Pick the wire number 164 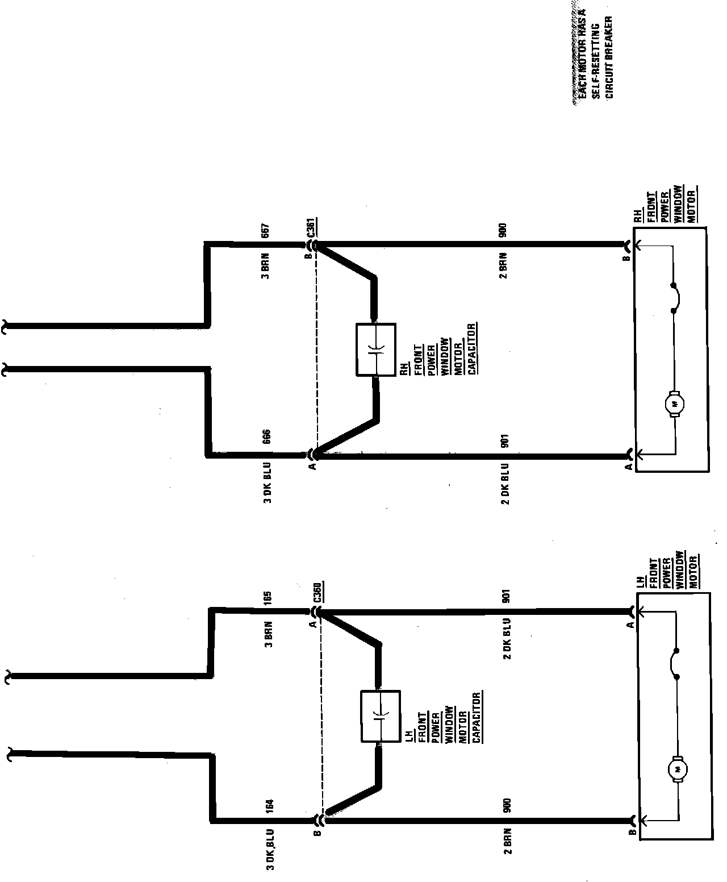click(x=270, y=807)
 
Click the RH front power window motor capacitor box click(x=375, y=350)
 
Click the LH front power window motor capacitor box click(x=381, y=716)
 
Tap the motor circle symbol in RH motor click(x=675, y=404)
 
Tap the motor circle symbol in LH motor click(x=678, y=769)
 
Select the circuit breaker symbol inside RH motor click(x=675, y=297)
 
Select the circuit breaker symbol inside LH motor click(x=678, y=663)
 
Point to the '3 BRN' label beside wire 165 click(x=269, y=635)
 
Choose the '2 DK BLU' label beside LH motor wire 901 click(x=506, y=638)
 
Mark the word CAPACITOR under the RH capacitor click(x=472, y=348)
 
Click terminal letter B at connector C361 click(x=307, y=256)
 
